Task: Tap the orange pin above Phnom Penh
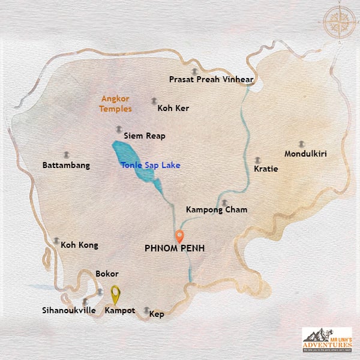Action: point(179,235)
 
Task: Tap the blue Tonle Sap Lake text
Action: point(150,165)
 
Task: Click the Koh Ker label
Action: point(173,109)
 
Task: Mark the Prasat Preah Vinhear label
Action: point(212,79)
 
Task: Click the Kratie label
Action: point(266,169)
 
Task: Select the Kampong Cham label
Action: point(217,210)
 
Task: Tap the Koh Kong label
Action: point(79,245)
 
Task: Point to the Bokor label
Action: point(107,274)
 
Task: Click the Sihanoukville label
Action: point(68,311)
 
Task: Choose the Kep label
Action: point(157,314)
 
